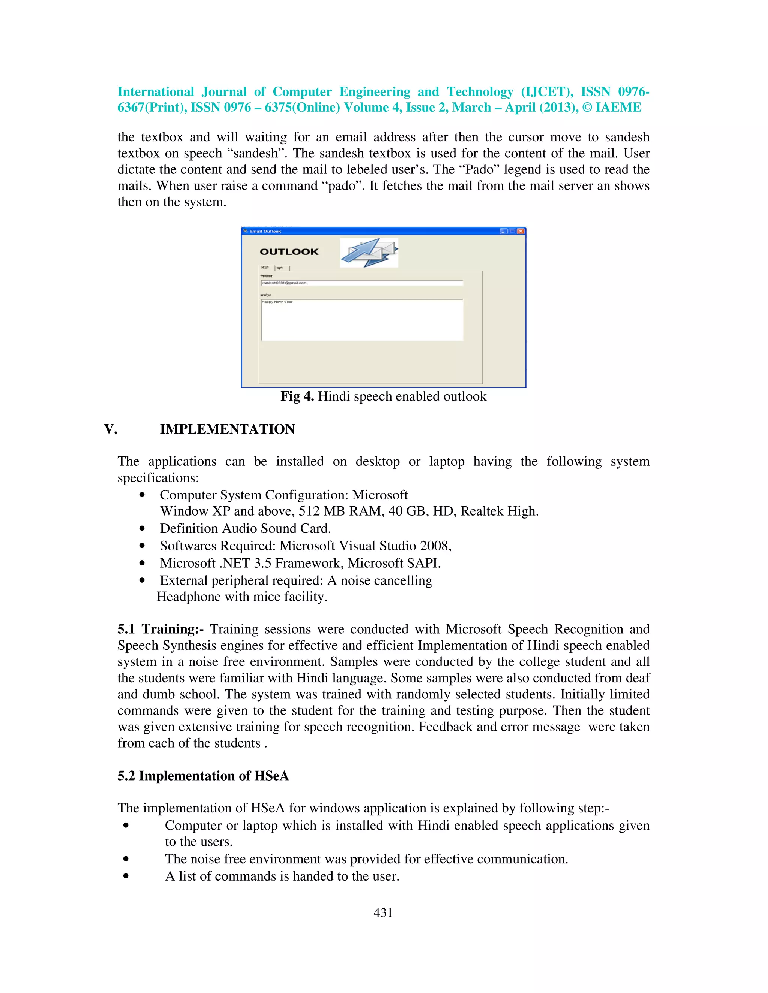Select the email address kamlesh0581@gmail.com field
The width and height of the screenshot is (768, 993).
point(362,283)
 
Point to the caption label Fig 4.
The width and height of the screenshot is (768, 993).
point(297,396)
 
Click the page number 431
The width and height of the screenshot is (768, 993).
point(383,912)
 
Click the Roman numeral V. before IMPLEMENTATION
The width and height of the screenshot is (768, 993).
point(111,429)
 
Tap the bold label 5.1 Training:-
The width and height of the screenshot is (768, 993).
point(160,629)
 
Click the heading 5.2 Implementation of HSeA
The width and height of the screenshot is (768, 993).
point(203,775)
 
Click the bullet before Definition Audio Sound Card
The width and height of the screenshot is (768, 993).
point(142,529)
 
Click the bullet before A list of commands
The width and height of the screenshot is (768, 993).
point(126,876)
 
